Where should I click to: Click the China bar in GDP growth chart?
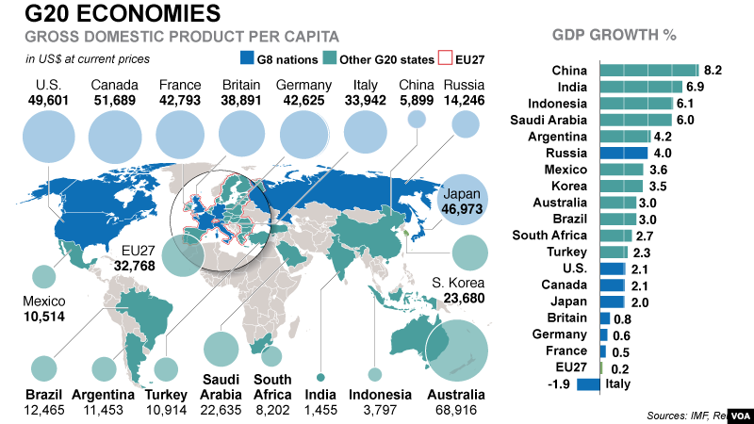coord(648,71)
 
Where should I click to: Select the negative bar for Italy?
coord(588,383)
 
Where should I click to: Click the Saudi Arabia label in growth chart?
coord(549,120)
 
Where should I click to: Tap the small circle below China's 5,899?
coord(417,120)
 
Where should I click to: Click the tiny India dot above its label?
coord(320,374)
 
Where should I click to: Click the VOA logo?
coord(737,414)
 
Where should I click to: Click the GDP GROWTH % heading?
coord(614,37)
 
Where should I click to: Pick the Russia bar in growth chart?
coord(623,153)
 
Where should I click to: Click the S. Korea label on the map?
coord(458,283)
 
